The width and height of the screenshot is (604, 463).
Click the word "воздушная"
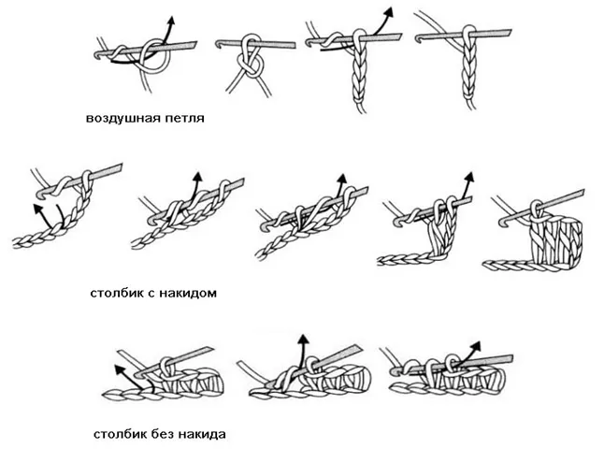tap(123, 119)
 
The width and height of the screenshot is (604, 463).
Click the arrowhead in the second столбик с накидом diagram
tap(197, 177)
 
